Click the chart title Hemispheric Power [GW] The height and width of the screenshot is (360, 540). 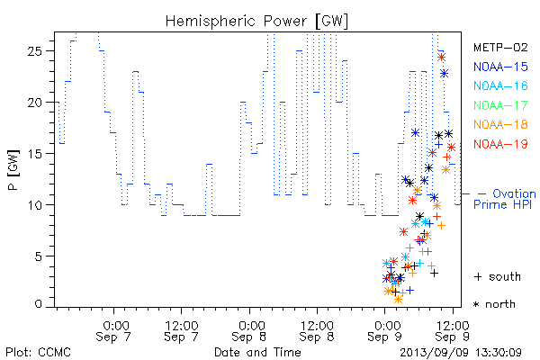coord(256,22)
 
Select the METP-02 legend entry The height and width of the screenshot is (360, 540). coord(500,47)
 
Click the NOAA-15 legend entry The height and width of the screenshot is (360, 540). coord(500,67)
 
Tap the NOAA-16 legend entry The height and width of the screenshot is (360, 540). coord(500,85)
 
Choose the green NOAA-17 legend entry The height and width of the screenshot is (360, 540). coord(500,105)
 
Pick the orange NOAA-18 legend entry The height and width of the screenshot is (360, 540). coord(500,124)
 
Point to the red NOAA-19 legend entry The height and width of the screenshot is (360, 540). coord(500,144)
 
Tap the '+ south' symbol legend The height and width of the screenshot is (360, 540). coord(498,276)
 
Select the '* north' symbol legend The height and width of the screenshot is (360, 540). coord(494,304)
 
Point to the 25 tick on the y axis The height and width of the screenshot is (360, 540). coord(35,51)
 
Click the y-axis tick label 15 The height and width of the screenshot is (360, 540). coord(35,154)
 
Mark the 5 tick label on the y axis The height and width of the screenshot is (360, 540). coord(39,256)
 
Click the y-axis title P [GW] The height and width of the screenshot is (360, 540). coord(13,170)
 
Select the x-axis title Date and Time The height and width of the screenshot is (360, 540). coord(257,352)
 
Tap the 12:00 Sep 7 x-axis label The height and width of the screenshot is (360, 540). coord(182,331)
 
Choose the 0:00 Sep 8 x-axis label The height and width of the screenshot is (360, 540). coord(249,331)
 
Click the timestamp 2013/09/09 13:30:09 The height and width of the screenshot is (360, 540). coord(461,353)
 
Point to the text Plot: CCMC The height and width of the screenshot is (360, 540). coord(38,352)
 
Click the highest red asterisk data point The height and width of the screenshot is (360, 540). coord(441,58)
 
